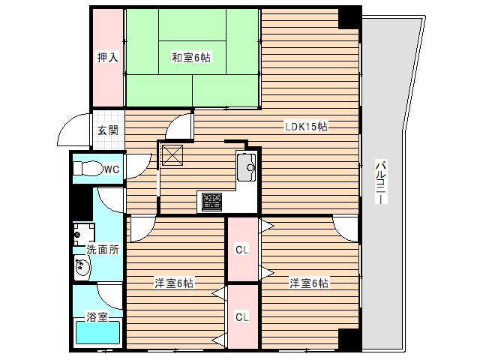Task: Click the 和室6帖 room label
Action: [190, 57]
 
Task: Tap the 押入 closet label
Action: [106, 57]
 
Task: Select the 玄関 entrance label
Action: [107, 130]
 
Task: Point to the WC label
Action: [111, 169]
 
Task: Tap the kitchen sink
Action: [247, 168]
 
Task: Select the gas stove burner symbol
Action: [211, 200]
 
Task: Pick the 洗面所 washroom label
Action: [102, 250]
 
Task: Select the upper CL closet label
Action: [242, 250]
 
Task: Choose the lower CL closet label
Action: [242, 317]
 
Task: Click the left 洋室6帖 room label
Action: [175, 283]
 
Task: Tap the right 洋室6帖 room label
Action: [310, 283]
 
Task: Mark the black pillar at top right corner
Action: [349, 17]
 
